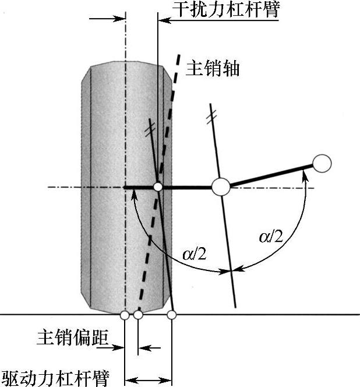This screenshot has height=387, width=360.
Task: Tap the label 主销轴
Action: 213,68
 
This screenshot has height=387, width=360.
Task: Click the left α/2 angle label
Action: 194,254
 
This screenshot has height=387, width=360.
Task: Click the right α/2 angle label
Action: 271,237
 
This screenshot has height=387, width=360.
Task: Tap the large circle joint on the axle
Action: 220,187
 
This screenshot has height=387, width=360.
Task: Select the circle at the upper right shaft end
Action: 322,164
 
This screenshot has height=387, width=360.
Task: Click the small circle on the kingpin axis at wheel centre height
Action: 157,187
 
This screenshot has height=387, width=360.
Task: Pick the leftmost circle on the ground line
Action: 125,315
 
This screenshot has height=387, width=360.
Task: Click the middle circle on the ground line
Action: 138,315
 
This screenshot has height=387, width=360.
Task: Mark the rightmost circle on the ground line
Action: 172,315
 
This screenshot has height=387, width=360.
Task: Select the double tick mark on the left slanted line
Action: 151,125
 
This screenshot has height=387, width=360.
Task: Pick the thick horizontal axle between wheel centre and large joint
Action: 186,187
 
